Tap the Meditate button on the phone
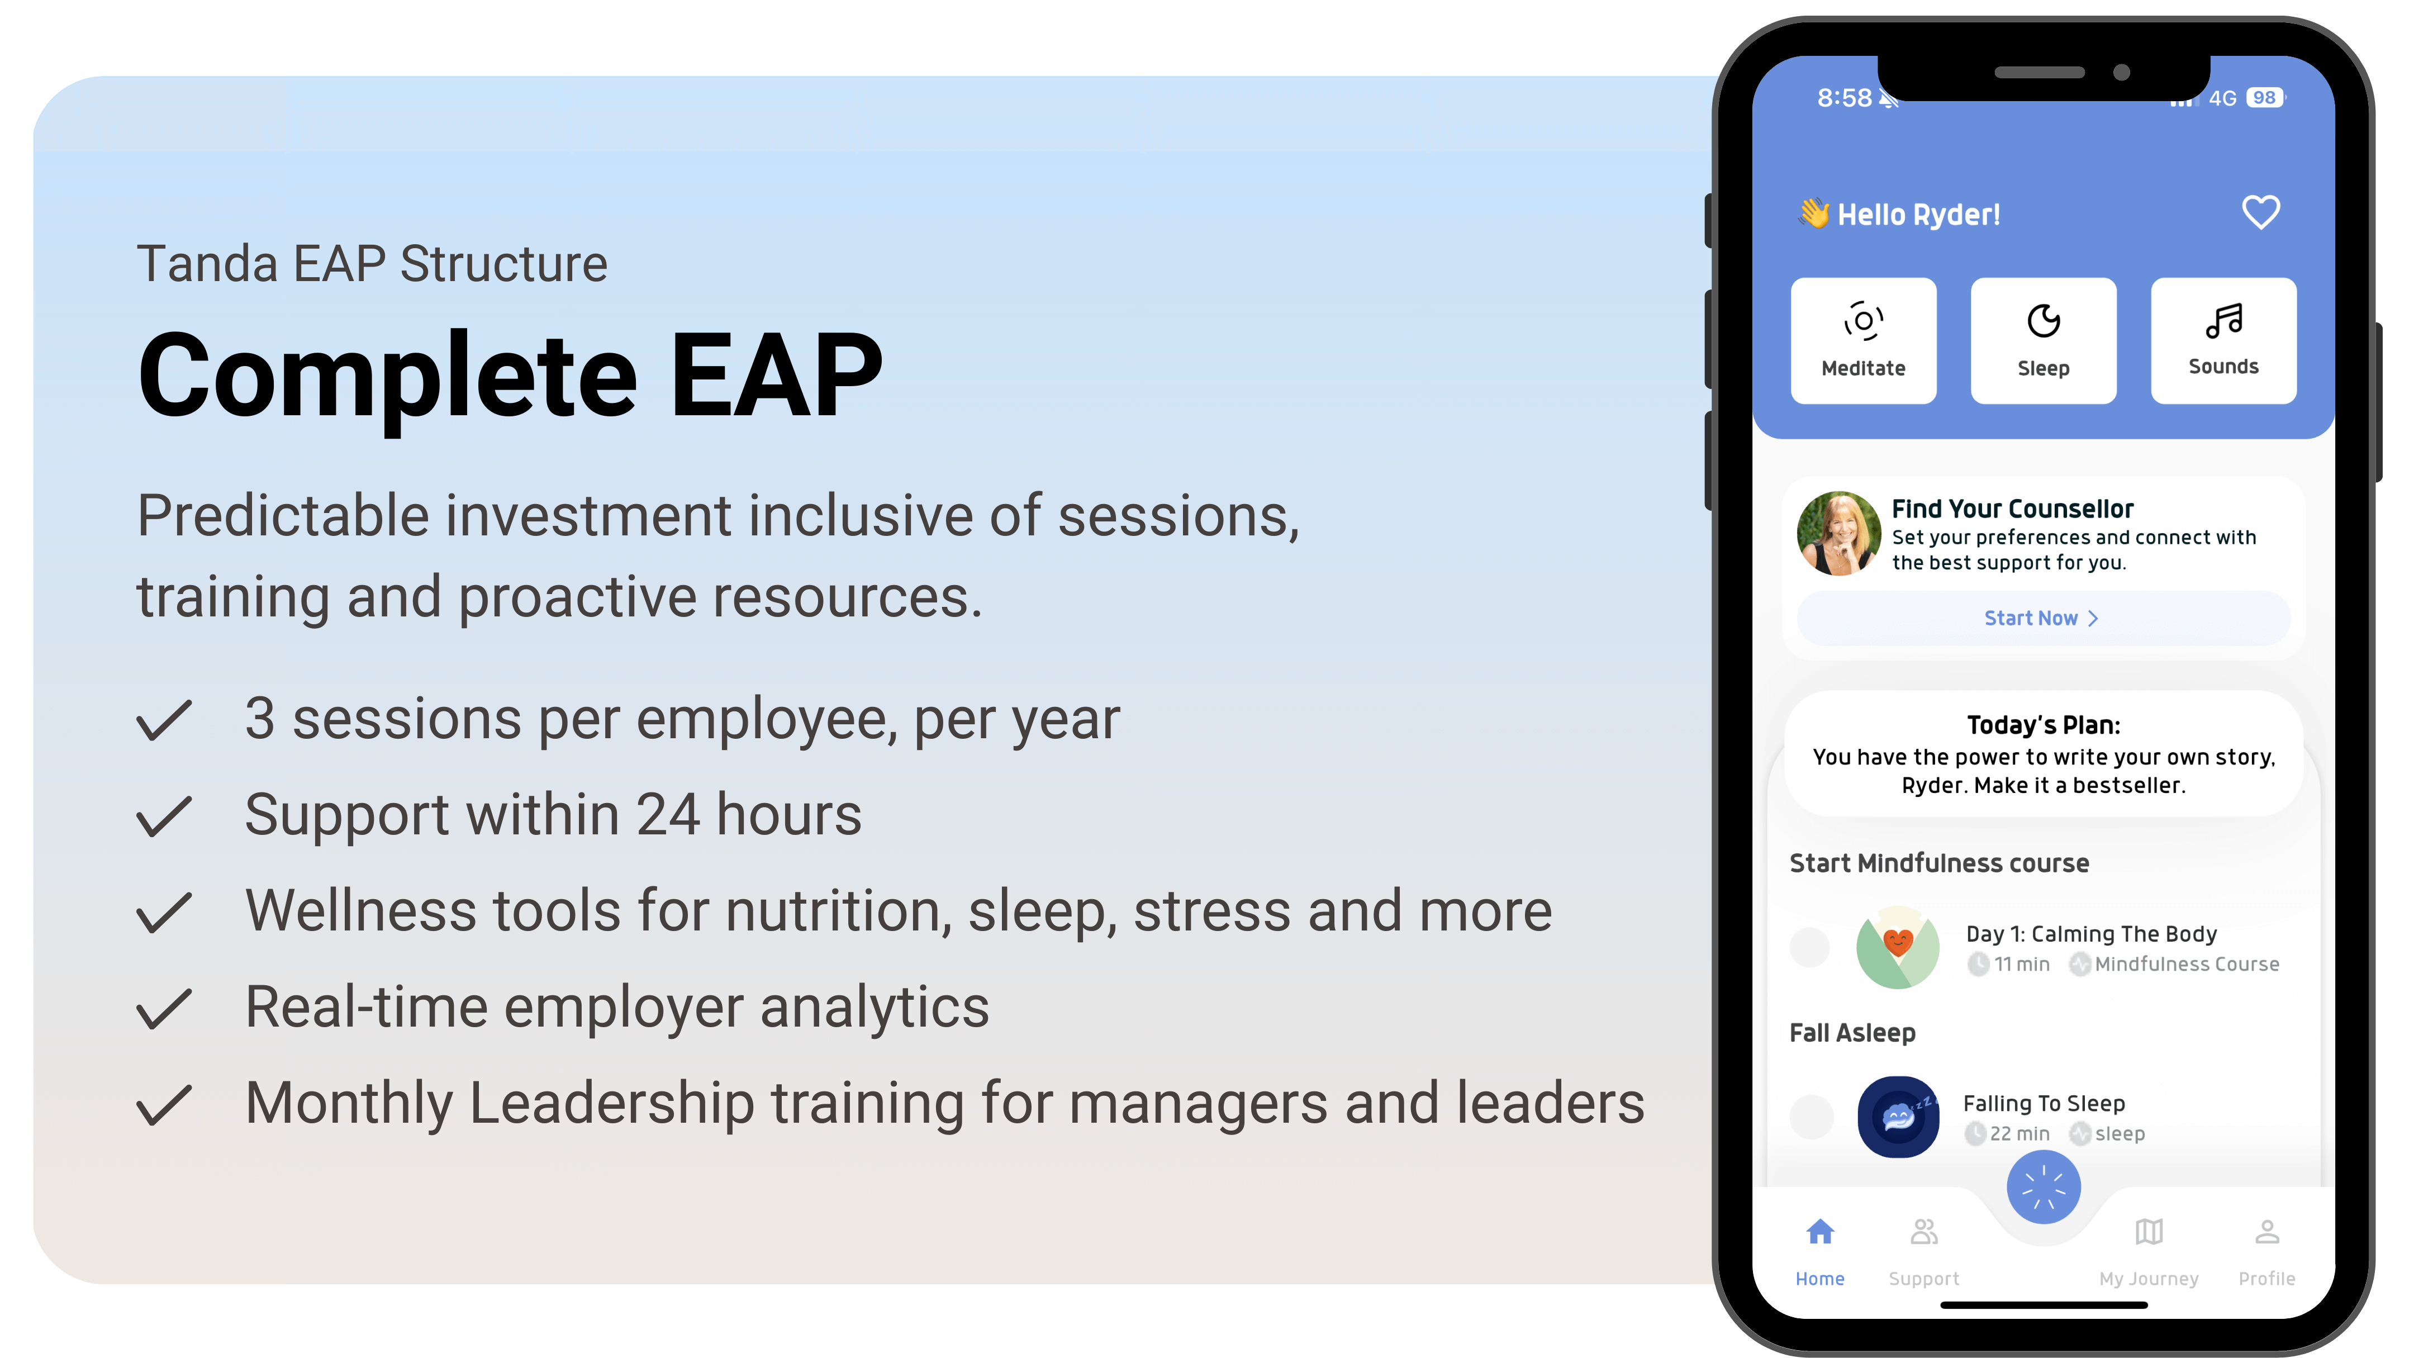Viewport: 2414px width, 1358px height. pos(1863,340)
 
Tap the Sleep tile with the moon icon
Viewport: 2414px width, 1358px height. pos(2043,340)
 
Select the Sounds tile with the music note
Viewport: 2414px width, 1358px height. pos(2223,340)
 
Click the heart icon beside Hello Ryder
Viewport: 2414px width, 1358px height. pos(2260,213)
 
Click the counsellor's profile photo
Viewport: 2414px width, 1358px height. pos(1838,533)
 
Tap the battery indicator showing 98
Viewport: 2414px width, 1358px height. pos(2264,97)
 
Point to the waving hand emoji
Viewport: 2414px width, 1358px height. pos(1813,213)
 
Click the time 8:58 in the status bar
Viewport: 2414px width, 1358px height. pos(1844,97)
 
